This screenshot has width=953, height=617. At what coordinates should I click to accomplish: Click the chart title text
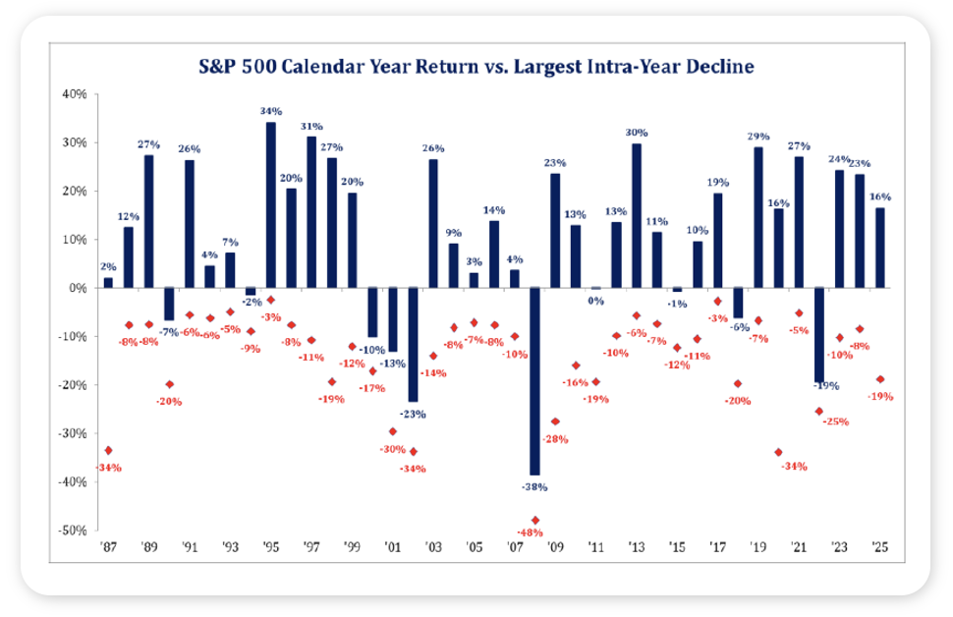tap(476, 68)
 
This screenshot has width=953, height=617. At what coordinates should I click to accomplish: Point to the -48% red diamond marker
tap(535, 520)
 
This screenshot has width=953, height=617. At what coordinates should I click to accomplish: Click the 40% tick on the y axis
tap(77, 94)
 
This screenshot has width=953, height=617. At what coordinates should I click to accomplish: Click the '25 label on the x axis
tap(880, 548)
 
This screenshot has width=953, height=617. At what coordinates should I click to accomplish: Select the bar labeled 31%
tap(311, 212)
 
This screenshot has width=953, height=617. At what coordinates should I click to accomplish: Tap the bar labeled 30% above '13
tap(637, 215)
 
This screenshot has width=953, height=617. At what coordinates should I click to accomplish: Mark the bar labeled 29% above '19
tap(757, 217)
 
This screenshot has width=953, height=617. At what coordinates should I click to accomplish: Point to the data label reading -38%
tap(534, 486)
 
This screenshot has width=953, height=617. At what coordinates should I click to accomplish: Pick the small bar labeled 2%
tap(108, 282)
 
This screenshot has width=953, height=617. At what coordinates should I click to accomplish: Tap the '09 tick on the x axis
tap(556, 548)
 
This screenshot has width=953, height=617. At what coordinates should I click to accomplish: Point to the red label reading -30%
tap(394, 449)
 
